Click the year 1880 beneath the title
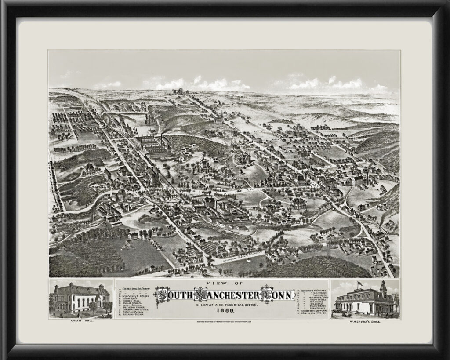click(225, 311)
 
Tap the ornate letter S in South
click(162, 294)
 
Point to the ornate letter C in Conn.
click(267, 294)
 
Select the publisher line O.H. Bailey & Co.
click(225, 304)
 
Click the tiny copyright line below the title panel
click(225, 322)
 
